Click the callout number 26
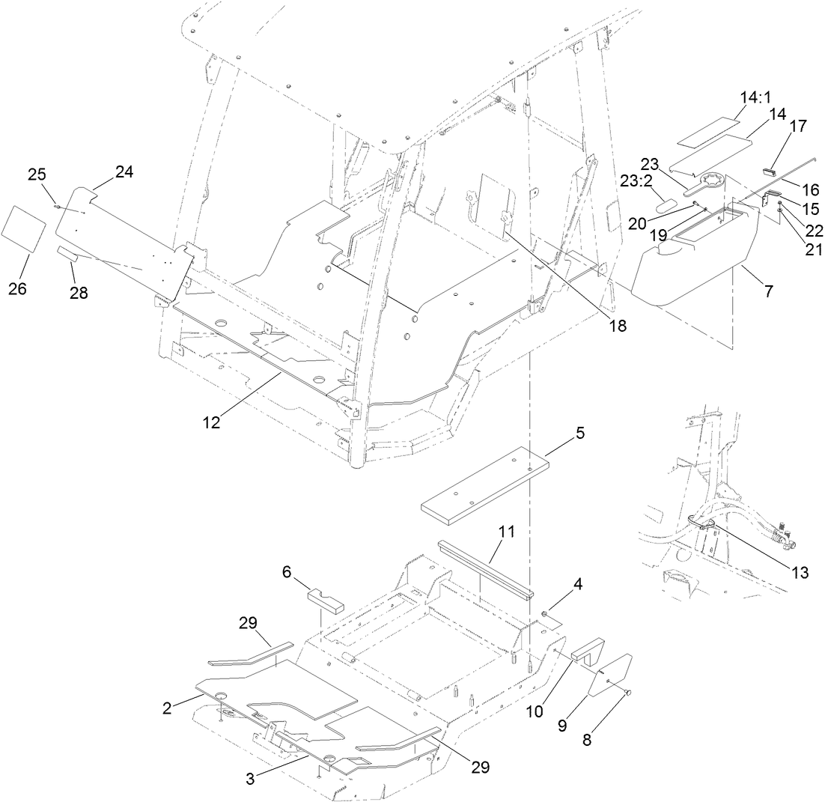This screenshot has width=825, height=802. click(x=17, y=288)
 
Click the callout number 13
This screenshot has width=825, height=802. click(x=800, y=573)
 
